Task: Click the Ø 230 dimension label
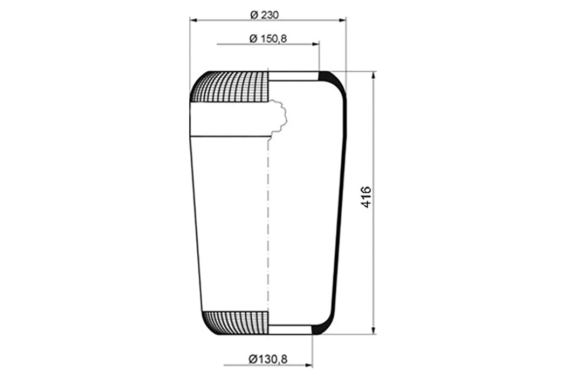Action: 265,15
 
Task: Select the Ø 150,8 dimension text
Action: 268,38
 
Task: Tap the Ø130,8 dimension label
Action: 268,359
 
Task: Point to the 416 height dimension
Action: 366,197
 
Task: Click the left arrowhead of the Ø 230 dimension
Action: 193,21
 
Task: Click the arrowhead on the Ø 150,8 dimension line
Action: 316,44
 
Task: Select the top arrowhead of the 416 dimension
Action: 374,75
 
